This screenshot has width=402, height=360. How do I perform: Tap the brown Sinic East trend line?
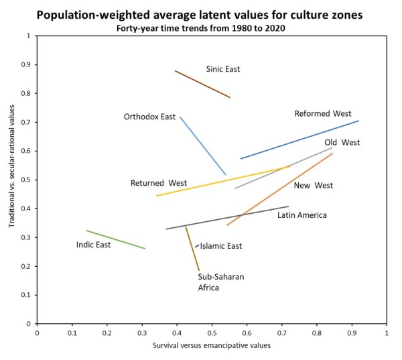[x=202, y=84]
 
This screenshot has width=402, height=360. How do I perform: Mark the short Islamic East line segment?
[x=197, y=246]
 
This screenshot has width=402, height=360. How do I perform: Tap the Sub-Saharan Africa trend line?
[x=192, y=249]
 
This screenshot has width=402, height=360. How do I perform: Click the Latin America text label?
[x=302, y=215]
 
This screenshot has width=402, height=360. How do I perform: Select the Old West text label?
[x=342, y=143]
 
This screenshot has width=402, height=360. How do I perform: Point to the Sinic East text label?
[x=222, y=69]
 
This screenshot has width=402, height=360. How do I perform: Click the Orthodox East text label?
[x=149, y=117]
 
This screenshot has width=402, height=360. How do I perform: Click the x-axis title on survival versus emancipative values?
[x=212, y=347]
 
